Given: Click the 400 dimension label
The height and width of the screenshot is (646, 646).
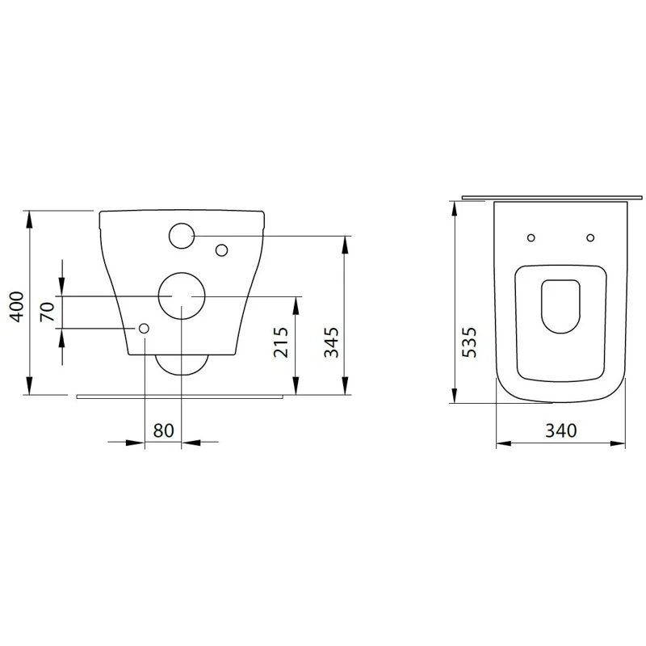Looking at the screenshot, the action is coord(17,307).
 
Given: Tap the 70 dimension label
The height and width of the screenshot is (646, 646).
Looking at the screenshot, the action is coord(47,312).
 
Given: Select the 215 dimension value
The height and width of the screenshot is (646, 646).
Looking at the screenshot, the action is coord(281,342).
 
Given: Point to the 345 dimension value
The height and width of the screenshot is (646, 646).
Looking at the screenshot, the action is coord(331,342).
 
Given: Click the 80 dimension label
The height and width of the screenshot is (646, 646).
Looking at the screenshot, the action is coord(164,430).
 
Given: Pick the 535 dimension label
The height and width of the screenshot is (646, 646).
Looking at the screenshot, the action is coord(469,342).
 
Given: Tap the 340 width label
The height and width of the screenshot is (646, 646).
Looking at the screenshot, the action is coord(561,430).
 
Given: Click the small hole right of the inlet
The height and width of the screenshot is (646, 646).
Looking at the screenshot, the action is coord(221,250).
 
